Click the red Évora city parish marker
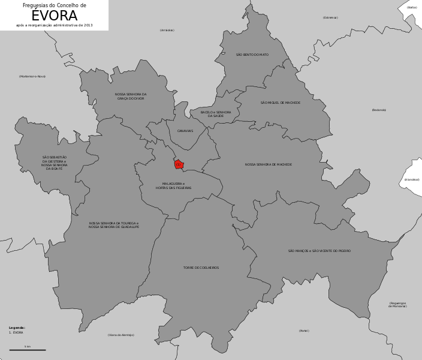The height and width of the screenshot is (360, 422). (x=179, y=164)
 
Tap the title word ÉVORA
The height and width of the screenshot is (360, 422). (x=54, y=16)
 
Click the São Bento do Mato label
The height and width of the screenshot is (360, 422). (x=252, y=55)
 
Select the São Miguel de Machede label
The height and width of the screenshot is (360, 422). (x=281, y=103)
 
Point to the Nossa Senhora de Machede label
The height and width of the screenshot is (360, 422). (x=269, y=164)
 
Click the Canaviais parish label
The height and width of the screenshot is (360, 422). (x=185, y=131)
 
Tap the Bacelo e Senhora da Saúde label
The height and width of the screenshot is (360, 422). (x=216, y=114)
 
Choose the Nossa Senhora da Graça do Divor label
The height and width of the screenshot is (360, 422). (x=131, y=96)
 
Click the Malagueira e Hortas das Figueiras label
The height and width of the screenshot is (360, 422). (x=173, y=186)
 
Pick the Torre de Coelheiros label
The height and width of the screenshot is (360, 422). (x=201, y=268)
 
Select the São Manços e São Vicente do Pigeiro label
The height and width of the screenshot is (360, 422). (x=319, y=251)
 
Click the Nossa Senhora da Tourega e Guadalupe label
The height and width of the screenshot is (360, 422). (x=114, y=225)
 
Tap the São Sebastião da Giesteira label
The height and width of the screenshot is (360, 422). (x=55, y=163)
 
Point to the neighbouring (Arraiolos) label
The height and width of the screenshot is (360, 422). (x=167, y=30)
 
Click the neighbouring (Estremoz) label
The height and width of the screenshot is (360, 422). (x=330, y=17)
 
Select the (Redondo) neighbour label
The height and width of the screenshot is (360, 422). (x=379, y=110)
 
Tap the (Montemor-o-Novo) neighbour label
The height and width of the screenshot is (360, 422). (x=32, y=76)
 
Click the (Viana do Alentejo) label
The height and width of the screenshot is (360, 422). (x=121, y=335)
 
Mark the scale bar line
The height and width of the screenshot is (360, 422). (x=28, y=350)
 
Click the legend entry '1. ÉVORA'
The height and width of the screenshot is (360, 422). (x=16, y=332)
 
